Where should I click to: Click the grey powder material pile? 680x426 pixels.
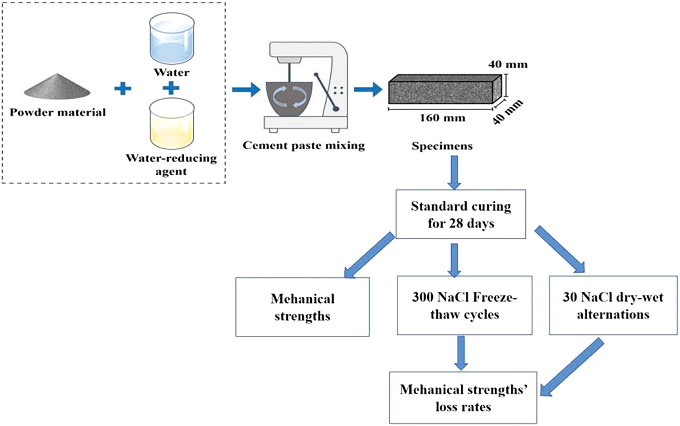tap(57, 88)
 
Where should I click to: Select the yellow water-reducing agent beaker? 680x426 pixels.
tap(172, 124)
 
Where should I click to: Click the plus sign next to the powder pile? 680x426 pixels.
tap(123, 88)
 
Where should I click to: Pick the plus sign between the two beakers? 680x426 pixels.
tap(171, 88)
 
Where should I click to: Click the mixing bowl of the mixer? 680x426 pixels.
tap(289, 99)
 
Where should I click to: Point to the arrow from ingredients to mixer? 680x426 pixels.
tap(246, 89)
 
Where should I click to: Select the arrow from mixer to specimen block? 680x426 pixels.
tap(368, 89)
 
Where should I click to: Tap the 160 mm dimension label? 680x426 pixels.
tap(442, 118)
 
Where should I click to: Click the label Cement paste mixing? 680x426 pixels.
tap(303, 145)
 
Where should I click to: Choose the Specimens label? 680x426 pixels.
tap(442, 146)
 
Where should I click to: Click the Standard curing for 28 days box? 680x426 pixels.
tap(461, 214)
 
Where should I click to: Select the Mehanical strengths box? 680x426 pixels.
tap(302, 307)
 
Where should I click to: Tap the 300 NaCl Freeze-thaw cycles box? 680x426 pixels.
tap(464, 305)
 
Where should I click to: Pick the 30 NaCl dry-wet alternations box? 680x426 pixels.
tap(613, 305)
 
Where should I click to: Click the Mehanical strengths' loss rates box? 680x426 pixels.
tap(463, 398)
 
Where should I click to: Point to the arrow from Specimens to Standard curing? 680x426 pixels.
tap(454, 172)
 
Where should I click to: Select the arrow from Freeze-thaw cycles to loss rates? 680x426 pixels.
tap(461, 353)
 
